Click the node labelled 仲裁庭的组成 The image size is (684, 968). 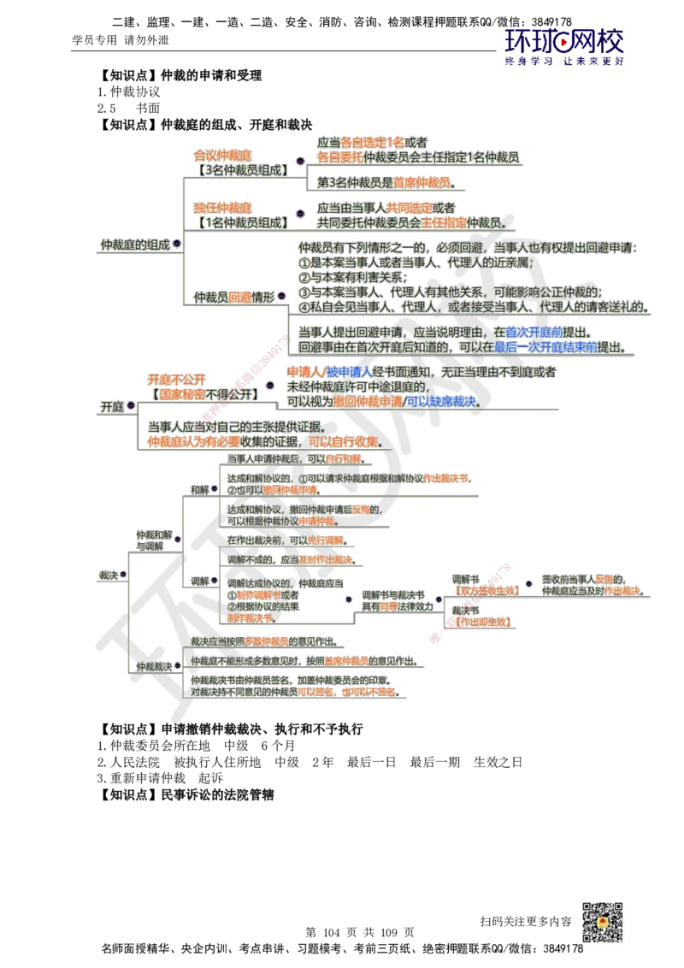[x=135, y=245]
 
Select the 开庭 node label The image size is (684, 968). [x=113, y=407]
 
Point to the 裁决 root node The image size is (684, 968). [x=109, y=575]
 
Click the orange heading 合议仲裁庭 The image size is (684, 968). [x=223, y=156]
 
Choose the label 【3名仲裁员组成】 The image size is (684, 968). [x=241, y=169]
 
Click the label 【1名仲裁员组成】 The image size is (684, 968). [x=241, y=221]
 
